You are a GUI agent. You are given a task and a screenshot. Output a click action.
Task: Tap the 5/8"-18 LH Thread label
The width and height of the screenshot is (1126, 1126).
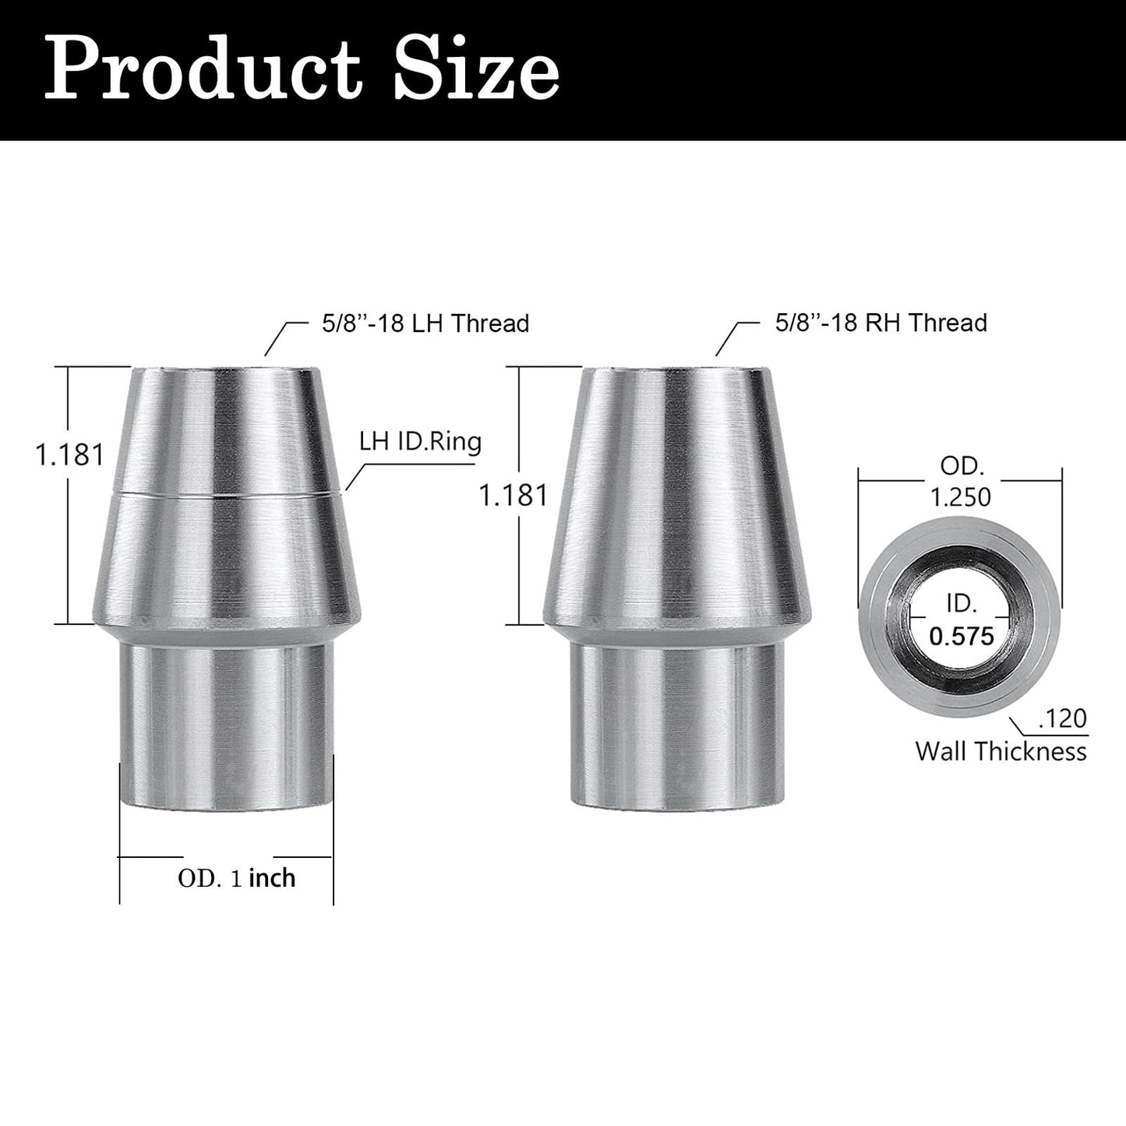(425, 323)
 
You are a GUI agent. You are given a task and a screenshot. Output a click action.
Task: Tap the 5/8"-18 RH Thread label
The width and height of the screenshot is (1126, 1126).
(881, 323)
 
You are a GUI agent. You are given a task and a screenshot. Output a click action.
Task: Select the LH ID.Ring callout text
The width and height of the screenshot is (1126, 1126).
(420, 442)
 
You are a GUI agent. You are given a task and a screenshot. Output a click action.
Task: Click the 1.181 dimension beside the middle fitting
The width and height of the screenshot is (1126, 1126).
(514, 495)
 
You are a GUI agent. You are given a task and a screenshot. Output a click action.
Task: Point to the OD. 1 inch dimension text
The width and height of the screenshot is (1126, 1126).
(237, 878)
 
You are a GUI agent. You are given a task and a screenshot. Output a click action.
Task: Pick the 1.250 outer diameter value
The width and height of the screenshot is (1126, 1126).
(961, 497)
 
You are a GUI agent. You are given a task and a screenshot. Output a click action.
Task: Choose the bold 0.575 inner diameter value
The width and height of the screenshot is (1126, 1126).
(962, 637)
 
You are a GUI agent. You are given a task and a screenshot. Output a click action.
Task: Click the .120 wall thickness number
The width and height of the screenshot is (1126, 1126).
(1062, 718)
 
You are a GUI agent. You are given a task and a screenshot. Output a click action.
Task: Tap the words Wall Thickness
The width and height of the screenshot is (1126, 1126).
(1001, 751)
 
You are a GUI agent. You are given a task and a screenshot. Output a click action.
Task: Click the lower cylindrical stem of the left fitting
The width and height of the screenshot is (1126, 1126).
(226, 717)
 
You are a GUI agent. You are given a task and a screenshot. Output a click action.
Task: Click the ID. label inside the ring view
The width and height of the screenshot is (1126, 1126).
(962, 603)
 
